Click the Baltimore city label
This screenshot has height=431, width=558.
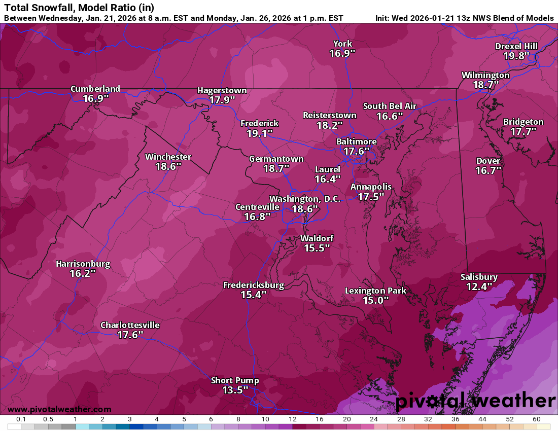pyautogui.click(x=357, y=141)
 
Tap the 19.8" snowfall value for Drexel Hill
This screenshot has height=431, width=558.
pyautogui.click(x=516, y=56)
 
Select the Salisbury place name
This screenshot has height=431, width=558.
pyautogui.click(x=479, y=277)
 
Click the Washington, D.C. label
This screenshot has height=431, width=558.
pyautogui.click(x=305, y=199)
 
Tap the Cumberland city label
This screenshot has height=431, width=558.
pyautogui.click(x=95, y=89)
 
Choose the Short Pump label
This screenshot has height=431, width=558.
pyautogui.click(x=235, y=380)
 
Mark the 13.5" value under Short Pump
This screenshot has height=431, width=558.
pyautogui.click(x=235, y=390)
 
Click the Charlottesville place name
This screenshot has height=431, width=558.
pyautogui.click(x=130, y=325)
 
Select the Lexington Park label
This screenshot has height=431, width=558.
pyautogui.click(x=375, y=291)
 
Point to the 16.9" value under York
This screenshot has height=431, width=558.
pyautogui.click(x=342, y=53)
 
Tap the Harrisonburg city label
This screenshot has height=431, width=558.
pyautogui.click(x=83, y=264)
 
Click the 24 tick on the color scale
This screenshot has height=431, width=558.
pyautogui.click(x=374, y=419)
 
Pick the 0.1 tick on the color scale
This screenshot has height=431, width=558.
pyautogui.click(x=21, y=419)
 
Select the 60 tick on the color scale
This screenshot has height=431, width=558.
pyautogui.click(x=537, y=419)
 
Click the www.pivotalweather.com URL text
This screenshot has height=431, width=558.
pyautogui.click(x=59, y=409)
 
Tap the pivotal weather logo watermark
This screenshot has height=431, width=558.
pyautogui.click(x=475, y=401)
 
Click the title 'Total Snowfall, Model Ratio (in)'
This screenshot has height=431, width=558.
pyautogui.click(x=79, y=8)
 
